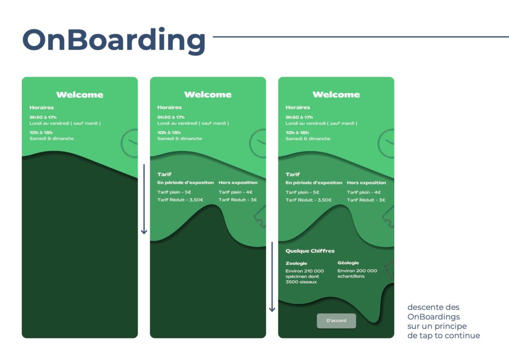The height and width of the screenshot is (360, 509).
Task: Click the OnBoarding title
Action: coord(114,40)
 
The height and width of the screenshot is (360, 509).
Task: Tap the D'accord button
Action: coord(337,320)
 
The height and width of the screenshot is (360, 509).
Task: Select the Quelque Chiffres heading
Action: coord(310,251)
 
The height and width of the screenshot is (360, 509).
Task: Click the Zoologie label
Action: coord(296,263)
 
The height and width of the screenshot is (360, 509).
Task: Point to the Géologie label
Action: coord(348,263)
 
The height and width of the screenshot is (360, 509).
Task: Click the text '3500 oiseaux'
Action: coord(301,282)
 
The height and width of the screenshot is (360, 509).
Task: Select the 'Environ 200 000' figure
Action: coord(357,270)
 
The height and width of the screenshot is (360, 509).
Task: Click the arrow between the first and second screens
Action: coord(144,199)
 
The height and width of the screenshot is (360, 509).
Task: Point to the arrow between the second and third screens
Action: coord(272,276)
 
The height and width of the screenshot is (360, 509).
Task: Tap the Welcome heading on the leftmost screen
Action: coord(80,95)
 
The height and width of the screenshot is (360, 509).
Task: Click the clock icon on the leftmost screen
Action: coord(130,143)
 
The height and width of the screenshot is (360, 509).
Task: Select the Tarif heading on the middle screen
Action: coord(164,175)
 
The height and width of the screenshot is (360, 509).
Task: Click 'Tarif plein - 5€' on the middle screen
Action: coord(174,192)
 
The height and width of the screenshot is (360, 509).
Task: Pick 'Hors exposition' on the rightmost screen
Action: coord(366,183)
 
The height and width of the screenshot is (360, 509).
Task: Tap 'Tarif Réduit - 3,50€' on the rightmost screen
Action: coord(308,200)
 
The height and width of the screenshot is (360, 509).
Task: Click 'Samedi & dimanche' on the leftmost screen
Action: coord(52,139)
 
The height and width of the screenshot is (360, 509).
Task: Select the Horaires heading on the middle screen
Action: coord(170,107)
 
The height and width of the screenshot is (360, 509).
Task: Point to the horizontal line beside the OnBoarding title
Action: coord(361,37)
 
